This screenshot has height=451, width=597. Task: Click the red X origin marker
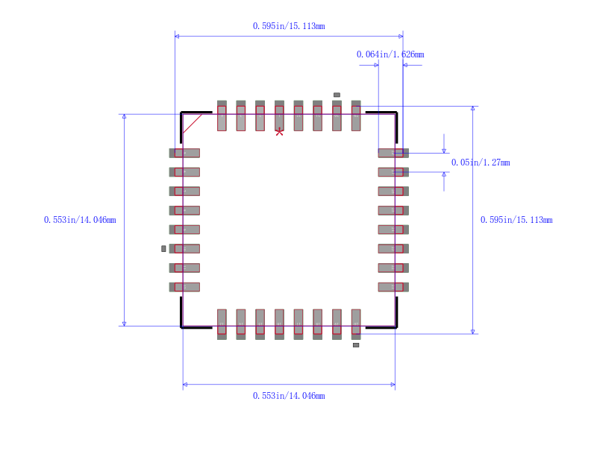click(x=279, y=132)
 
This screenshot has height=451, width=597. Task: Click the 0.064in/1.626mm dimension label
click(x=390, y=54)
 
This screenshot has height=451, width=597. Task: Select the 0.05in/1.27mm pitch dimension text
click(x=480, y=163)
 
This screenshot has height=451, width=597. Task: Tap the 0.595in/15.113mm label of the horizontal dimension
click(x=288, y=26)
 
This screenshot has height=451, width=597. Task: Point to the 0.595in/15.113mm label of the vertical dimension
click(x=516, y=220)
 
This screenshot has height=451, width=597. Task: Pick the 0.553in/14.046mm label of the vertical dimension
click(x=80, y=220)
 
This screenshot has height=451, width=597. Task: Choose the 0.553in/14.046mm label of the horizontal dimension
click(x=288, y=396)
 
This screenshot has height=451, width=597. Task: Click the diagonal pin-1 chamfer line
click(x=192, y=124)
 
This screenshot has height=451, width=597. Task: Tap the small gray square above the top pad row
click(x=337, y=95)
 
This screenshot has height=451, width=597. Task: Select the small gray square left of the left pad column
click(x=163, y=248)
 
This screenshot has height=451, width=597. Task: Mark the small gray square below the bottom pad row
click(x=356, y=345)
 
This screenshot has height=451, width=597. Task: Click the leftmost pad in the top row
click(x=222, y=116)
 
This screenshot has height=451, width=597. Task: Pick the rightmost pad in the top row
click(x=356, y=116)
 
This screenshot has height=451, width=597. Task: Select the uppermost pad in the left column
click(x=184, y=153)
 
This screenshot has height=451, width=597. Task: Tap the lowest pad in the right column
click(x=393, y=287)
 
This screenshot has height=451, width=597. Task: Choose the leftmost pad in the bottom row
click(x=222, y=324)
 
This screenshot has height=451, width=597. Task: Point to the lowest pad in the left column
click(x=184, y=287)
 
